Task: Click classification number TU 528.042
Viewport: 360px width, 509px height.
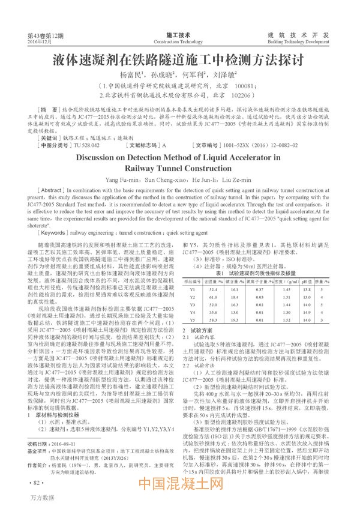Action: [x=86, y=145]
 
